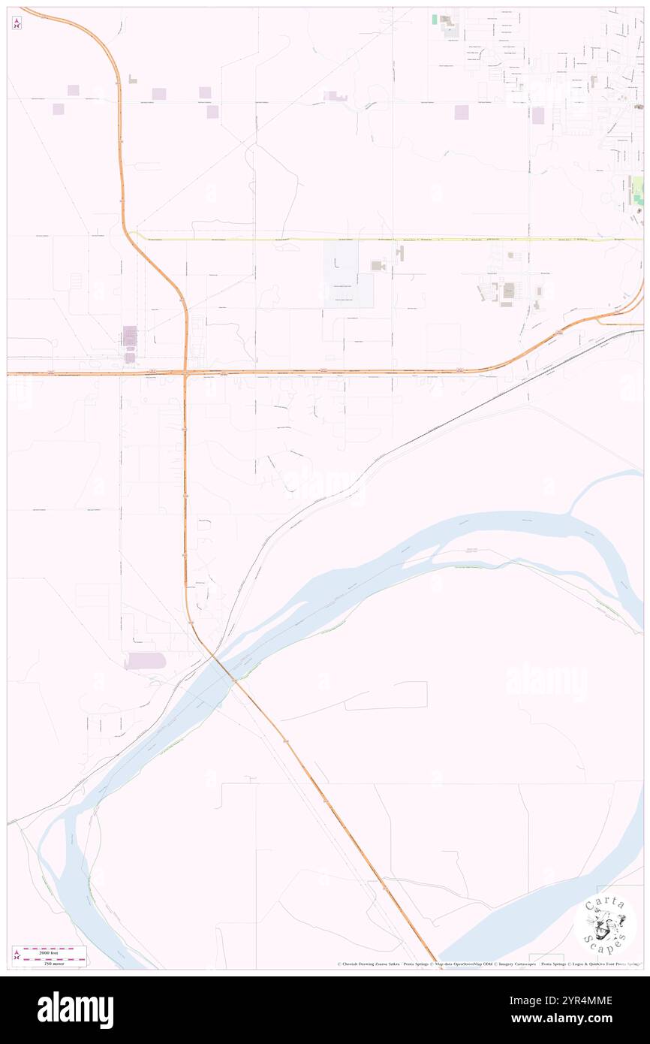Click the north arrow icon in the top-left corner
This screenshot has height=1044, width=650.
click(x=17, y=23)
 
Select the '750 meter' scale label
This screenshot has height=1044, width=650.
click(x=54, y=963)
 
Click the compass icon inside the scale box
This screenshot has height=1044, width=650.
click(x=17, y=956)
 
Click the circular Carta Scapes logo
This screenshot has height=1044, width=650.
click(x=605, y=926)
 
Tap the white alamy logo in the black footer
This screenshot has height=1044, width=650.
click(x=75, y=1010)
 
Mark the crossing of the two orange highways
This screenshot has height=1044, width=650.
click(x=185, y=373)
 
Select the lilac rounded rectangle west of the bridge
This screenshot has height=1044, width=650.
click(x=145, y=661)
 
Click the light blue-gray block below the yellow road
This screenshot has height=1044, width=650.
click(x=348, y=274)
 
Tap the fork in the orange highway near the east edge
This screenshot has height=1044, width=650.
click(x=600, y=318)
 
